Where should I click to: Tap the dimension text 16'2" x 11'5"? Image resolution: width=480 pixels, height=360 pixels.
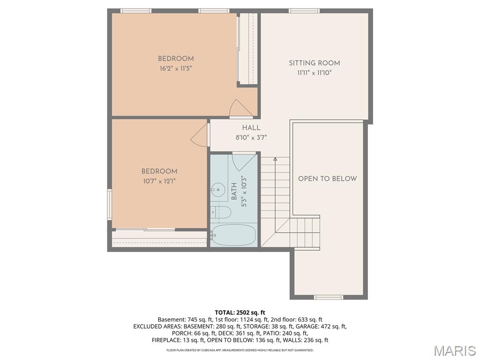click(175, 68)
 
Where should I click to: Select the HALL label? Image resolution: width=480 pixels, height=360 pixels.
click(251, 128)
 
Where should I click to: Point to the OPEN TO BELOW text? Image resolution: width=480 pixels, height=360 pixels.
click(327, 179)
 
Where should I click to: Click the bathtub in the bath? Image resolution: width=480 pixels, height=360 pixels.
click(233, 234)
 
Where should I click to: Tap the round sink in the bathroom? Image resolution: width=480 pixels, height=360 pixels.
click(217, 190)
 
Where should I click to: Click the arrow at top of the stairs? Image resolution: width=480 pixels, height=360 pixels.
click(275, 160)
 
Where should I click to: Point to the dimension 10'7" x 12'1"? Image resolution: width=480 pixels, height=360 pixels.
click(159, 181)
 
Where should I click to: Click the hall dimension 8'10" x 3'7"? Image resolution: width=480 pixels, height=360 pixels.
click(251, 138)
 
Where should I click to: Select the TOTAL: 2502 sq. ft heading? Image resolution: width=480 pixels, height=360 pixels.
click(240, 313)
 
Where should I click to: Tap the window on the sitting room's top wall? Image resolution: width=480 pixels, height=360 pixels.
click(304, 10)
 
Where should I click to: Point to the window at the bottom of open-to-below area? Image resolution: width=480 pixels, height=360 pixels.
click(328, 297)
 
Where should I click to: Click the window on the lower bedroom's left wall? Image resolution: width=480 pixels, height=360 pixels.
click(109, 204)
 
